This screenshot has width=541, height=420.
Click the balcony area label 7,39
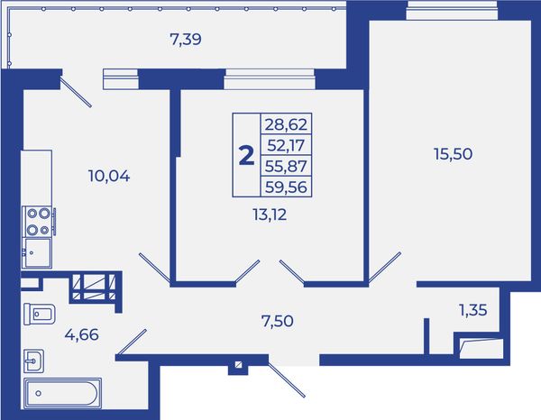point(186,40)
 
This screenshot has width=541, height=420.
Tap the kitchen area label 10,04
point(109,177)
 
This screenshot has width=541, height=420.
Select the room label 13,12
point(270,215)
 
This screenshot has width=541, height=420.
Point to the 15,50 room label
point(453,154)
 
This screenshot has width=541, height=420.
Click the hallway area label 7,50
point(278,321)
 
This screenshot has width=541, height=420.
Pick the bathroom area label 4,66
point(82,334)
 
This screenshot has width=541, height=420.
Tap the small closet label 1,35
point(473,310)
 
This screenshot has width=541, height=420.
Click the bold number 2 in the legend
point(246,156)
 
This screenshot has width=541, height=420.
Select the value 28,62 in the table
point(286,124)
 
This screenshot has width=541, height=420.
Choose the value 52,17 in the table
point(286,145)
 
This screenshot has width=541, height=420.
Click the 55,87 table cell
point(286,166)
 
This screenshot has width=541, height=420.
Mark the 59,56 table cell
point(286,187)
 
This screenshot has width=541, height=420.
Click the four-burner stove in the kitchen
point(38,222)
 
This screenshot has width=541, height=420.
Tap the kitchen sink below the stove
point(37,252)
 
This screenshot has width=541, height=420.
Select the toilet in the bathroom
point(40,314)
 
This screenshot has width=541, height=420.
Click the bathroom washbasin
point(34,361)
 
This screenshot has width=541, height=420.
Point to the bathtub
point(62,394)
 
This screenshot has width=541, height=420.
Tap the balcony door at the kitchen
point(76,92)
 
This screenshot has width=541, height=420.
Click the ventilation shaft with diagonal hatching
point(94,287)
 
